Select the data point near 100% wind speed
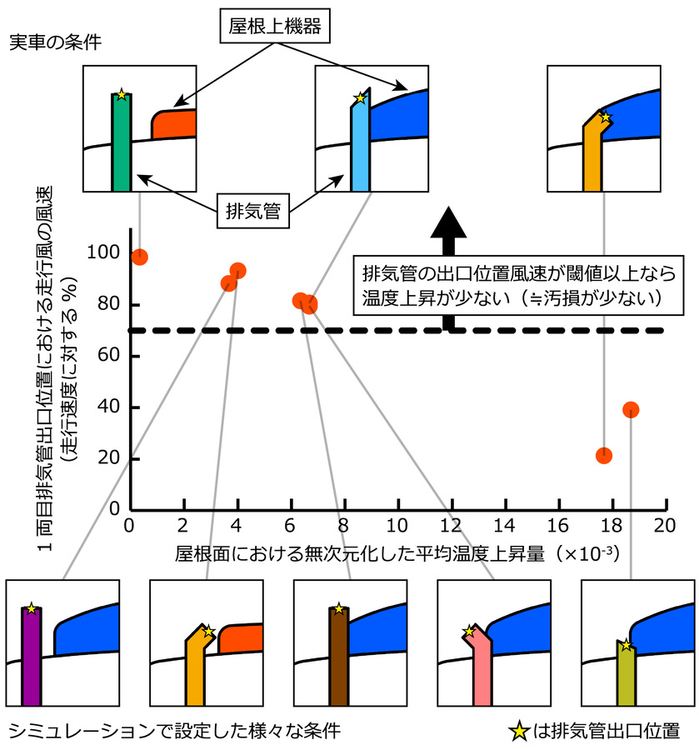pyautogui.click(x=140, y=257)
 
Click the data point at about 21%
pyautogui.click(x=604, y=455)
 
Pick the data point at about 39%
pyautogui.click(x=631, y=409)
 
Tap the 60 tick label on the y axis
pyautogui.click(x=109, y=356)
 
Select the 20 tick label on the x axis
pyautogui.click(x=664, y=526)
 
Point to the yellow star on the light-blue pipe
pyautogui.click(x=360, y=98)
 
